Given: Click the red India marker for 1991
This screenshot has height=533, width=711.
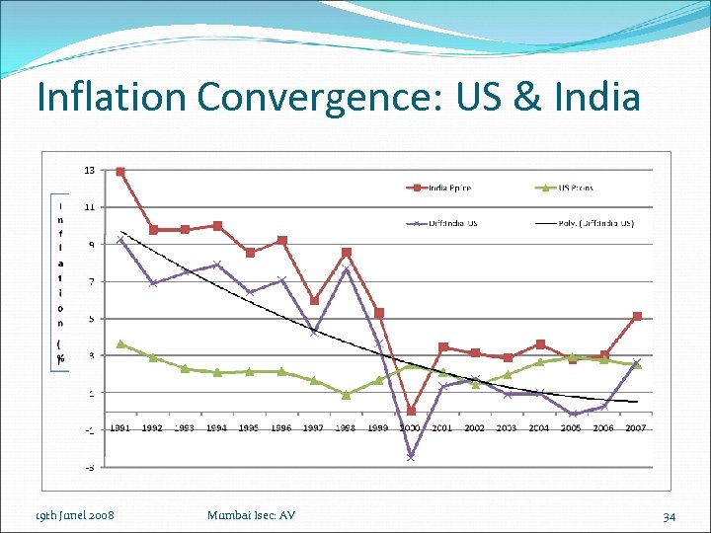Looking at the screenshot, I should pos(120,171).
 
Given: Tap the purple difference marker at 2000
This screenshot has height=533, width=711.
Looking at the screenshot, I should pos(411,457).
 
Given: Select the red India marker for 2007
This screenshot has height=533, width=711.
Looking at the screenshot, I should pos(638,317).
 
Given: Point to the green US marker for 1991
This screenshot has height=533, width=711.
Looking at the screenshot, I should pos(120,343).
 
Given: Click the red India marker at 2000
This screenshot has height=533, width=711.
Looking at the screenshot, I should pos(411,411).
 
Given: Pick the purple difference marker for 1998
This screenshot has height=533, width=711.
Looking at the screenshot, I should pos(347,270).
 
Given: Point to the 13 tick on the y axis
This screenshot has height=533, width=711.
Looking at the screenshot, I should pos(89,171).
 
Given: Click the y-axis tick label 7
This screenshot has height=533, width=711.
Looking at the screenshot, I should pos(91,282).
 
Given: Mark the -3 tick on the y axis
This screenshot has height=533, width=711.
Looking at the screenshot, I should pos(89,467).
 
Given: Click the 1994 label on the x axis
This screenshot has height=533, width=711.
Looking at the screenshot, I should pos(217,428).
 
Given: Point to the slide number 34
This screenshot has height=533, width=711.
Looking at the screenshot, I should pos(669,515).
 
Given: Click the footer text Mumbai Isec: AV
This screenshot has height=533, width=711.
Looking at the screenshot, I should pos(252,515).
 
